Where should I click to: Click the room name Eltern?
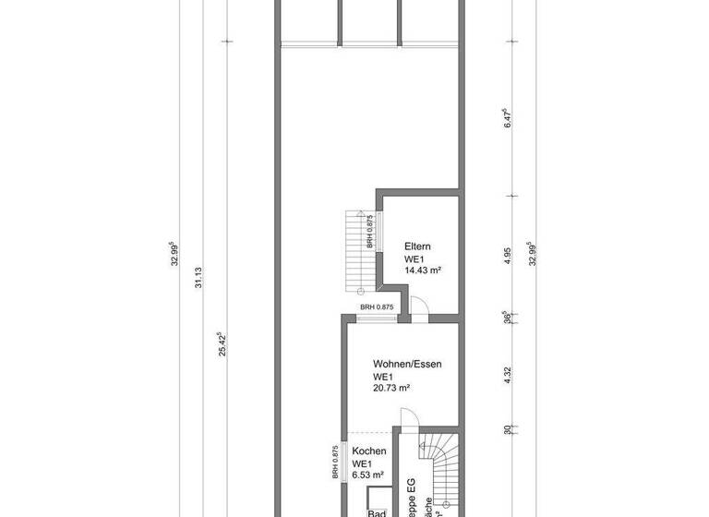tap(417, 246)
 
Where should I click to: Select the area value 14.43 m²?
tap(423, 271)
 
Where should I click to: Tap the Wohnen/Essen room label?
tap(407, 364)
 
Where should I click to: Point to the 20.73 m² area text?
tap(391, 388)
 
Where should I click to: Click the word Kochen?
tap(368, 451)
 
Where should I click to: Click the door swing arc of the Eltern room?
tap(417, 308)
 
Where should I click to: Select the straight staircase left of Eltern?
tap(354, 249)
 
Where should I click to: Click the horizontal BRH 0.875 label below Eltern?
tap(377, 307)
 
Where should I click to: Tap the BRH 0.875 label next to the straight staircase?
tap(369, 232)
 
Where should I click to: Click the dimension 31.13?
tap(197, 277)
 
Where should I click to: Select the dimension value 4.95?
tap(507, 256)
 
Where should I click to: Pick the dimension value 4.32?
tap(507, 376)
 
